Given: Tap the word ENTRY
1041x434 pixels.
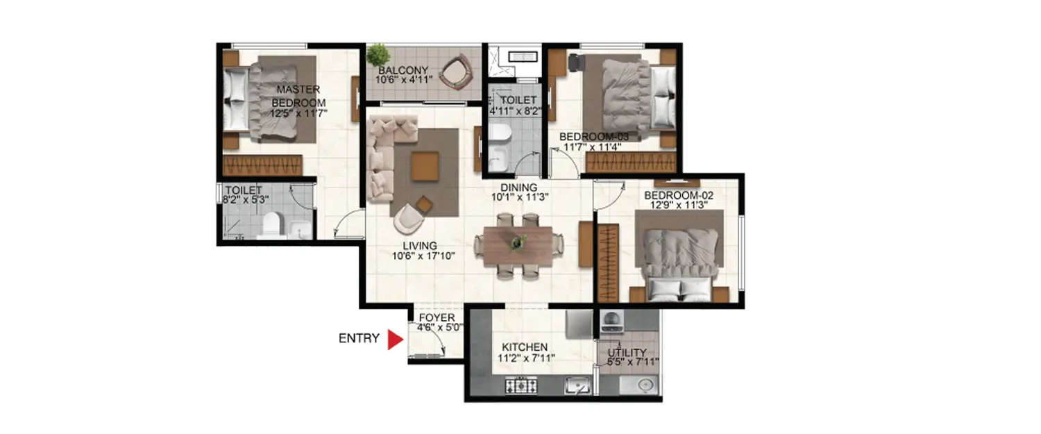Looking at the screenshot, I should point(359,339).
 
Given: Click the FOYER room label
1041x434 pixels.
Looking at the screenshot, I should point(437,318).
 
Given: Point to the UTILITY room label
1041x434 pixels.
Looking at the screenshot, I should point(627,353).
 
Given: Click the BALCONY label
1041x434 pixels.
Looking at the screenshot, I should point(403,70).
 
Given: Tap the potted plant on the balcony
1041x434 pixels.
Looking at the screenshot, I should point(378,54).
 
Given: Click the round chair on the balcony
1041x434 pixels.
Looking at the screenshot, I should point(456,72).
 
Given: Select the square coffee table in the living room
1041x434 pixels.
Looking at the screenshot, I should point(425,167).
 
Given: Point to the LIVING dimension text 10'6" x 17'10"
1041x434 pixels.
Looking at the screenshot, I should point(423,256).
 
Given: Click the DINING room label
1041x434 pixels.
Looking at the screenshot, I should point(519,187).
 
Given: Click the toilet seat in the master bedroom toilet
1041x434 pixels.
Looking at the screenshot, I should point(271,224).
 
